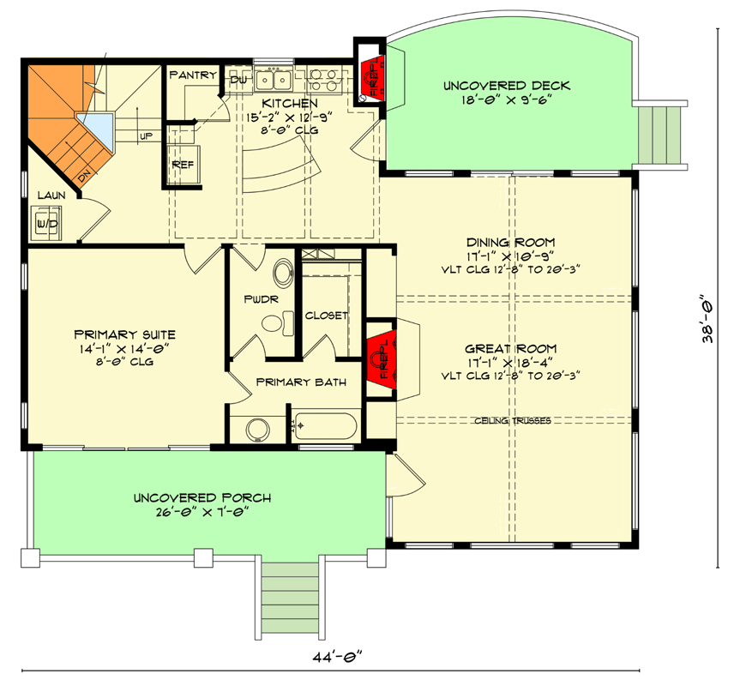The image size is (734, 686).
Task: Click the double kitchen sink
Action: (x=274, y=80)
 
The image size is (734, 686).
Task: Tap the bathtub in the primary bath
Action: (x=326, y=425)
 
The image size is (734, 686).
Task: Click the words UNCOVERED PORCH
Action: (x=202, y=498)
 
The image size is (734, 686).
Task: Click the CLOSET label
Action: (x=327, y=315)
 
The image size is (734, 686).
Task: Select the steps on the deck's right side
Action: (x=663, y=133)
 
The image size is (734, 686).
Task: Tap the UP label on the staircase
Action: (x=147, y=135)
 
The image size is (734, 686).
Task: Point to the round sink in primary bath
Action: (x=255, y=428)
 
